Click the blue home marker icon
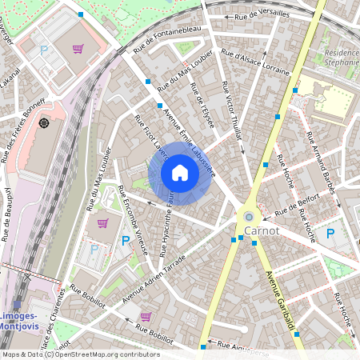pyautogui.click(x=180, y=173)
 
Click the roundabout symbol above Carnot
pyautogui.click(x=249, y=215)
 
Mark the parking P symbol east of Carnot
pyautogui.click(x=330, y=234)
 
